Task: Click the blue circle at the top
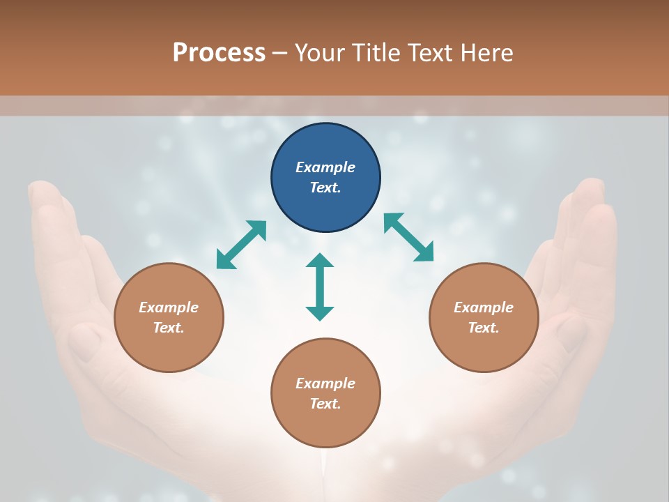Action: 325,178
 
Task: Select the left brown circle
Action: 169,318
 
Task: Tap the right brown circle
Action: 484,318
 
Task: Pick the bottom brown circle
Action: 325,393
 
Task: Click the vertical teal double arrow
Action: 320,287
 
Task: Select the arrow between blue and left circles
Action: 241,245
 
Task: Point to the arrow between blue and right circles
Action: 408,237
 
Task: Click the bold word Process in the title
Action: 219,53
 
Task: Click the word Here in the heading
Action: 487,53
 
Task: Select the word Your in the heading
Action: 320,53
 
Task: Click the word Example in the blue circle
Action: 325,167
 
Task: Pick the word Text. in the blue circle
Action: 325,188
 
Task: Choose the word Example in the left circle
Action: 169,307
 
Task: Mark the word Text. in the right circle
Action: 484,328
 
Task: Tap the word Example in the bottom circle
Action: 325,383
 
